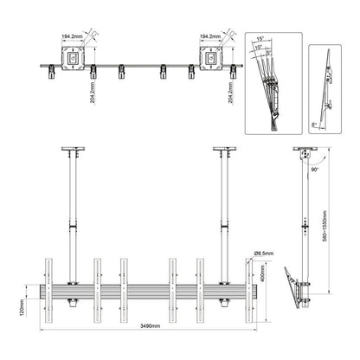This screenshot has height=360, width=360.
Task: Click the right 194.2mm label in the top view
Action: [x=212, y=37]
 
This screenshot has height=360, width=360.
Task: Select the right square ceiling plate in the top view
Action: [x=211, y=60]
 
